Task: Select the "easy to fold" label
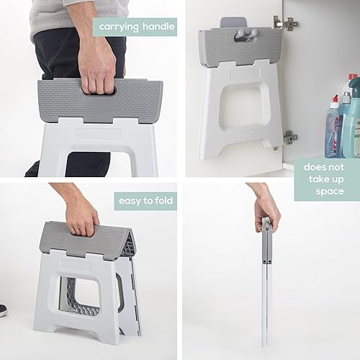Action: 145,201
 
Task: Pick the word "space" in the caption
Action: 329,192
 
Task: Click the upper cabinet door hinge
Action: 286,23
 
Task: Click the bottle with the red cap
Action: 333,130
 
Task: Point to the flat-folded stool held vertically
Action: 267,288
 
